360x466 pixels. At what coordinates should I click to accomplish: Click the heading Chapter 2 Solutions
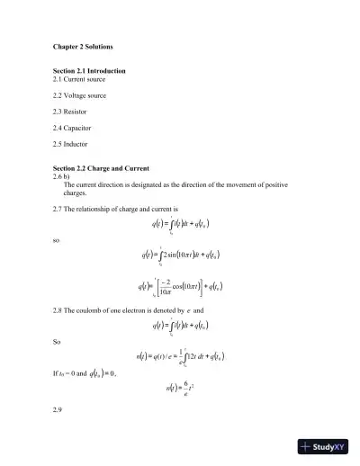82,46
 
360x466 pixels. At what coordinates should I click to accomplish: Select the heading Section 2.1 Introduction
88,70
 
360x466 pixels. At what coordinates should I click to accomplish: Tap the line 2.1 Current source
78,79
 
